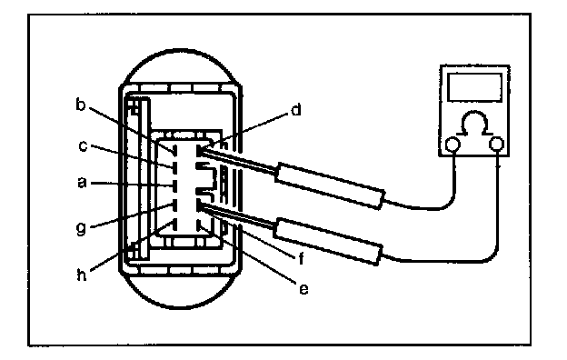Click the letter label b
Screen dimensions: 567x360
point(80,105)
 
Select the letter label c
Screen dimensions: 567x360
point(83,146)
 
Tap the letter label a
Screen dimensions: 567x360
point(83,183)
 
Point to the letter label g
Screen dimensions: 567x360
point(82,229)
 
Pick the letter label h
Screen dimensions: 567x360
point(82,275)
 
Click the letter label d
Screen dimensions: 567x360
point(296,110)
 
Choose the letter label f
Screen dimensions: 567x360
point(302,259)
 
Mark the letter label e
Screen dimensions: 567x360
point(303,289)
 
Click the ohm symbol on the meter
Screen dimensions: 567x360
point(475,123)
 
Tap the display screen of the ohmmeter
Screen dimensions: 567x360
point(475,87)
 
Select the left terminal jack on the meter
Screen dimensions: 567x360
point(453,145)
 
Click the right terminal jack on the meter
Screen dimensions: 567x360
point(496,145)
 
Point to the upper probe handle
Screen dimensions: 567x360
point(330,186)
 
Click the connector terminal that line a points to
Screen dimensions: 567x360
point(174,186)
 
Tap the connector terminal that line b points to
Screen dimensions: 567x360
point(174,150)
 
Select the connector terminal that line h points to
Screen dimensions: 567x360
point(174,225)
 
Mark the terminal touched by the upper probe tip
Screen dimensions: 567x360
point(198,150)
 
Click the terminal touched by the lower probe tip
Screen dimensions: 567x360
point(198,205)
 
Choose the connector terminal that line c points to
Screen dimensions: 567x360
point(174,167)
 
